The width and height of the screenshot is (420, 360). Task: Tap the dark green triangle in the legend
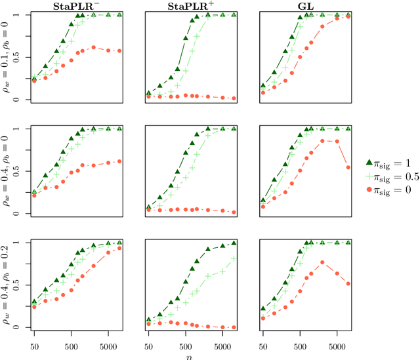(369, 162)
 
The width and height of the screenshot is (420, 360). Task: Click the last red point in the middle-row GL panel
(348, 167)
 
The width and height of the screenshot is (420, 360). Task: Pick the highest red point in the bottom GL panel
(323, 262)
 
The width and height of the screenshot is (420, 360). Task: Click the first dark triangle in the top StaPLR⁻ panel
(34, 79)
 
